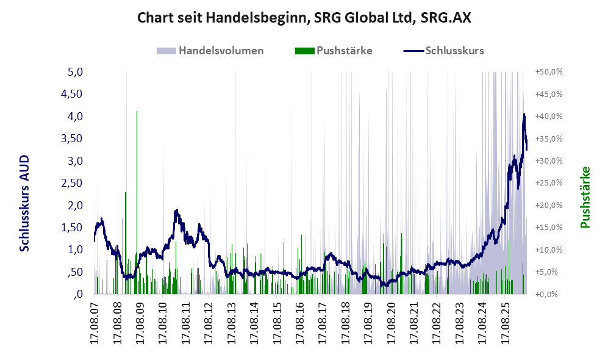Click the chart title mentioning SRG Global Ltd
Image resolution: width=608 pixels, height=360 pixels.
click(304, 18)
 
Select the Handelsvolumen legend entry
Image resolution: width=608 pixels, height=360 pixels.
click(210, 51)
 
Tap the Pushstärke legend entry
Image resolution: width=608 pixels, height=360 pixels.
click(334, 51)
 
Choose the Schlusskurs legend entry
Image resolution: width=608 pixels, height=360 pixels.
click(443, 51)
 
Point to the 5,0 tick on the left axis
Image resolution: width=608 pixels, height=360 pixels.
click(76, 72)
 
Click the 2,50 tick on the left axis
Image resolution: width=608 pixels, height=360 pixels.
click(72, 182)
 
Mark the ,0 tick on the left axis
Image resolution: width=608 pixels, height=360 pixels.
click(78, 294)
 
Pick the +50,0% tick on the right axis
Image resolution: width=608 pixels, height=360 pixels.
click(549, 72)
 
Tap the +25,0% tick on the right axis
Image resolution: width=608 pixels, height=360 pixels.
click(549, 182)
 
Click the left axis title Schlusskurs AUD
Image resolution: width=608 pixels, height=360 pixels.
click(24, 203)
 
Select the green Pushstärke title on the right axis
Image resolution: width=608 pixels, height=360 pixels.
click(585, 197)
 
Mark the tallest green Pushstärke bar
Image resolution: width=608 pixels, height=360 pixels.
click(137, 203)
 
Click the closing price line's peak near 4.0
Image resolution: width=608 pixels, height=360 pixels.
click(524, 114)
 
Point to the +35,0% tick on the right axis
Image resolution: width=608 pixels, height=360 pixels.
click(549, 139)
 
